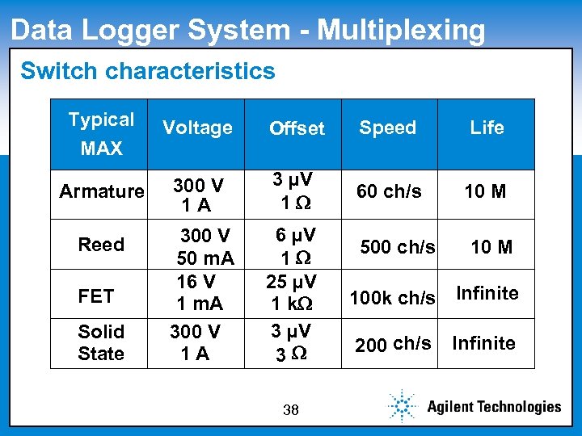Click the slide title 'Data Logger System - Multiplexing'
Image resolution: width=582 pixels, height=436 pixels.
[248, 30]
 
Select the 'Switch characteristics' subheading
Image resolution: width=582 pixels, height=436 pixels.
[148, 71]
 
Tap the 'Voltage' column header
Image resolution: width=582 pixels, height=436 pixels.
[197, 128]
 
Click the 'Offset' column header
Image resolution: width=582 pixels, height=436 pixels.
[297, 128]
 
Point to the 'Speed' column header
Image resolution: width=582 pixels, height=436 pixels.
[388, 128]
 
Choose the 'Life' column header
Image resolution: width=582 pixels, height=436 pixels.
[487, 128]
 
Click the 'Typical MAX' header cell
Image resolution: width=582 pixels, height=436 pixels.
[102, 134]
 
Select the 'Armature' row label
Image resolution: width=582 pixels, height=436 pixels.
[102, 191]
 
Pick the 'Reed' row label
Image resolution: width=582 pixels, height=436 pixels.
[101, 244]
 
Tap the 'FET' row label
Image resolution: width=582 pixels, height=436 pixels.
[96, 296]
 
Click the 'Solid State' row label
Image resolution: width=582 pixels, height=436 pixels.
[101, 342]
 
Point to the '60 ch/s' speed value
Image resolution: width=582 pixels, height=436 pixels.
[390, 191]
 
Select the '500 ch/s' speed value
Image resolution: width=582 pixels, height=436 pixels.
[398, 246]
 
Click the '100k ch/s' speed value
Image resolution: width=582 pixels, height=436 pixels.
[392, 299]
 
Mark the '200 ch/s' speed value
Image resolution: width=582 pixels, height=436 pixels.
[393, 344]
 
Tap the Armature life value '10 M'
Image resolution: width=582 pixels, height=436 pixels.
[485, 191]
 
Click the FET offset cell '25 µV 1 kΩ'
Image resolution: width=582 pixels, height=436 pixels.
[291, 292]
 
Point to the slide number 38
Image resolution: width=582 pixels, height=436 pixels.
[291, 410]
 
